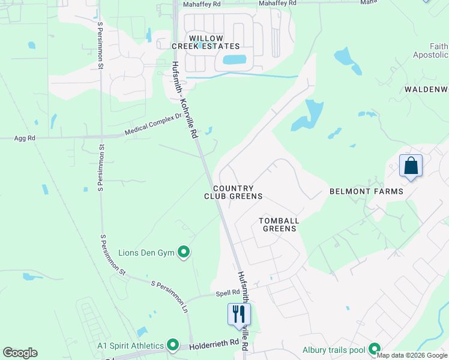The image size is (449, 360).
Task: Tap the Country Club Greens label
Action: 233,192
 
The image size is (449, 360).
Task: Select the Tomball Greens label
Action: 279,224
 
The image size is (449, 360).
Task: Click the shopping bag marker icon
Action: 411,165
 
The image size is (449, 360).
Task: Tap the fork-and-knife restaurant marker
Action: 239,313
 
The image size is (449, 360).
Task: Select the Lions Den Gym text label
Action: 146,253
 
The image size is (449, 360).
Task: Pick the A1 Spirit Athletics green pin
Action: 173,345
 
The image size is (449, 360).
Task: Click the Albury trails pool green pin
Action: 375,349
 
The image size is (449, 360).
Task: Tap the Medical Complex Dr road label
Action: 153,125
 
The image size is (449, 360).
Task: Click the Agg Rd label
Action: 25,139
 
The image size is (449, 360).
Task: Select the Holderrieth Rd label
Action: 214,346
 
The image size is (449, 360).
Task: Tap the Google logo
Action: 20,353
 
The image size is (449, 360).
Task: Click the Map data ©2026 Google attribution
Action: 412,355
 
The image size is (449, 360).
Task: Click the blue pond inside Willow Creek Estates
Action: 234,59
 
